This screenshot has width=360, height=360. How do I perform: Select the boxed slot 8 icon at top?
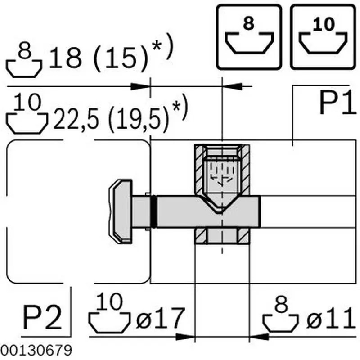coord(249,36)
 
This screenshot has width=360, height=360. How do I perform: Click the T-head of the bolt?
coord(121,211)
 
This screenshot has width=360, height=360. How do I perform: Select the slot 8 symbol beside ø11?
coord(282,315)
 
